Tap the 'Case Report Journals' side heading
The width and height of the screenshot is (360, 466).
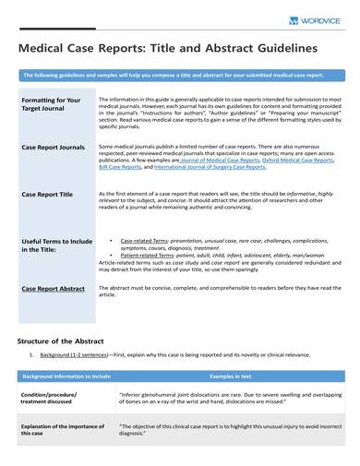[x=53, y=146]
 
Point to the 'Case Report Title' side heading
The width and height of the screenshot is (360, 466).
[x=47, y=195]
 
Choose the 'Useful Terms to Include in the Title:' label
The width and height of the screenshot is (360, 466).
[x=54, y=245]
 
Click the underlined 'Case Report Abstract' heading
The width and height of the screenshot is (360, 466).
[x=53, y=289]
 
